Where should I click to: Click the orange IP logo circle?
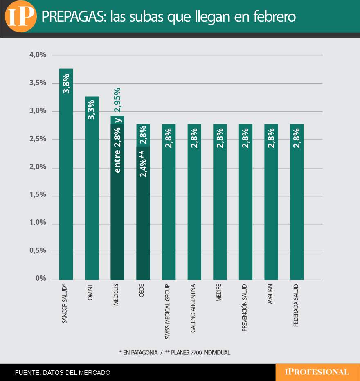tap(21, 17)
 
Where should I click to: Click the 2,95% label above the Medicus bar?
tap(118, 99)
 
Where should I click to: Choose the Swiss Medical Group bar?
tap(169, 205)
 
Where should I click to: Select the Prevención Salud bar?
tap(245, 205)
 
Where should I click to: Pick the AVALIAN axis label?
tap(270, 295)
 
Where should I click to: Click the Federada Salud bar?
tap(297, 205)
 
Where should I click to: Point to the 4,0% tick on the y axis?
tap(38, 55)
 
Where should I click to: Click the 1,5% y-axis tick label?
tap(38, 195)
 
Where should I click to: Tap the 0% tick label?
tap(40, 279)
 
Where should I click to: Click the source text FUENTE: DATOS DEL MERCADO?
tap(63, 372)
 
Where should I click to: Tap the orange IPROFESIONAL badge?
tap(317, 372)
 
